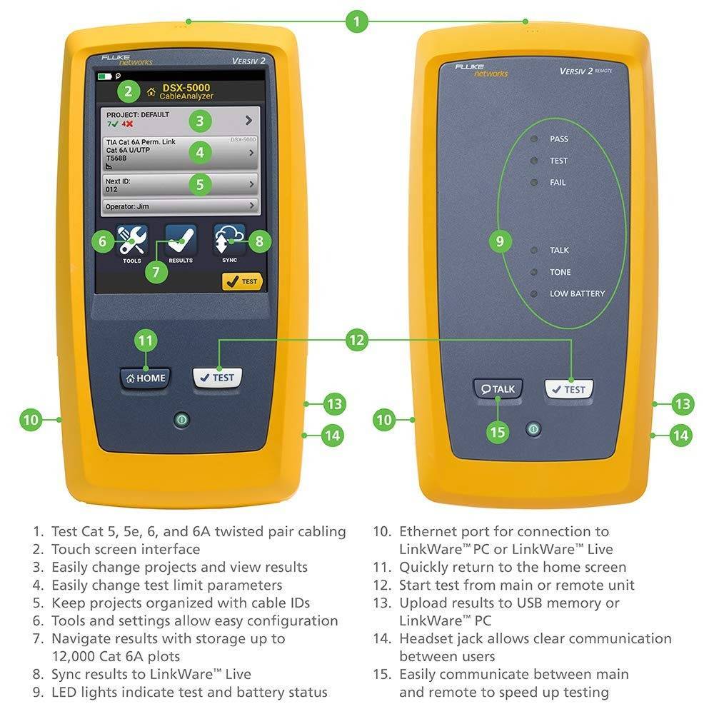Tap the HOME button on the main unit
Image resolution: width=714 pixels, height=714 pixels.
(146, 378)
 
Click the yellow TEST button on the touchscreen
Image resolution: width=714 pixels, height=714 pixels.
(242, 281)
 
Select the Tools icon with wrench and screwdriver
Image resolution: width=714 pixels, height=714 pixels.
(131, 241)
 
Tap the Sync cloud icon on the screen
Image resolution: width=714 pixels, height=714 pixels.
(229, 240)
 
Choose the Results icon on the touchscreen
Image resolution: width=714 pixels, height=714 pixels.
(181, 240)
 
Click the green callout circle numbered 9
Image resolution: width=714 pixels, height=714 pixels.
(500, 241)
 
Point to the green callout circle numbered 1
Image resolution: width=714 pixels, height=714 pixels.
(357, 21)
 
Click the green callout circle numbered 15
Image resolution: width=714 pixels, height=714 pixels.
(498, 432)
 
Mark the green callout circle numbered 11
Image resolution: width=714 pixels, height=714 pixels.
(146, 341)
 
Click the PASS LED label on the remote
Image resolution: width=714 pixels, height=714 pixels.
(558, 139)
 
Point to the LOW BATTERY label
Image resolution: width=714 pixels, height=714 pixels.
(576, 293)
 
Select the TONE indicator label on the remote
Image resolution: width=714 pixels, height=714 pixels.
(560, 272)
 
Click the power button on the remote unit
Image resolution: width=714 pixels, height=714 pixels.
(532, 429)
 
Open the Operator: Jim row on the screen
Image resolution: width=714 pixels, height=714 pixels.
(179, 206)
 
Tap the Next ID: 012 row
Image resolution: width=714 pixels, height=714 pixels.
(179, 185)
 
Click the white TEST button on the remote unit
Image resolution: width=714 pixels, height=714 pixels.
(569, 389)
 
